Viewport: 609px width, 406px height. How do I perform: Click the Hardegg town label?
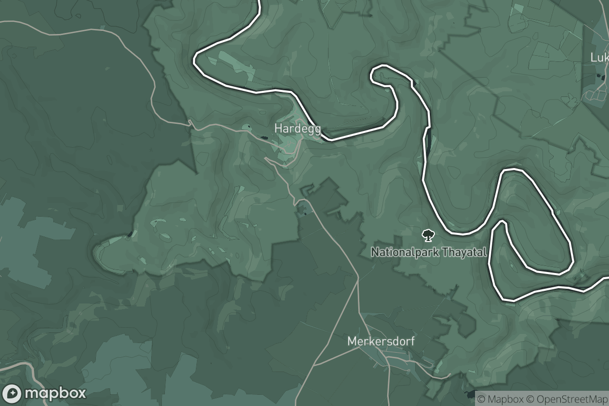297,129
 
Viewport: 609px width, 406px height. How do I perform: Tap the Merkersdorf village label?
381,342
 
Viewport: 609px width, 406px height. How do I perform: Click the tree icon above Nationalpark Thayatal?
428,235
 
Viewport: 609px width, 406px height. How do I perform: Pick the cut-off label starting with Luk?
599,57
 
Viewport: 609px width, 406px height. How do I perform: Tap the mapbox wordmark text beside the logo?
55,393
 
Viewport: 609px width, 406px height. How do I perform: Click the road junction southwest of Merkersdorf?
314,365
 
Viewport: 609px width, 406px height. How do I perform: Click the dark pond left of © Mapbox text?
469,394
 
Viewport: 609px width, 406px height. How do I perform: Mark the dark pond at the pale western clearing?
131,233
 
